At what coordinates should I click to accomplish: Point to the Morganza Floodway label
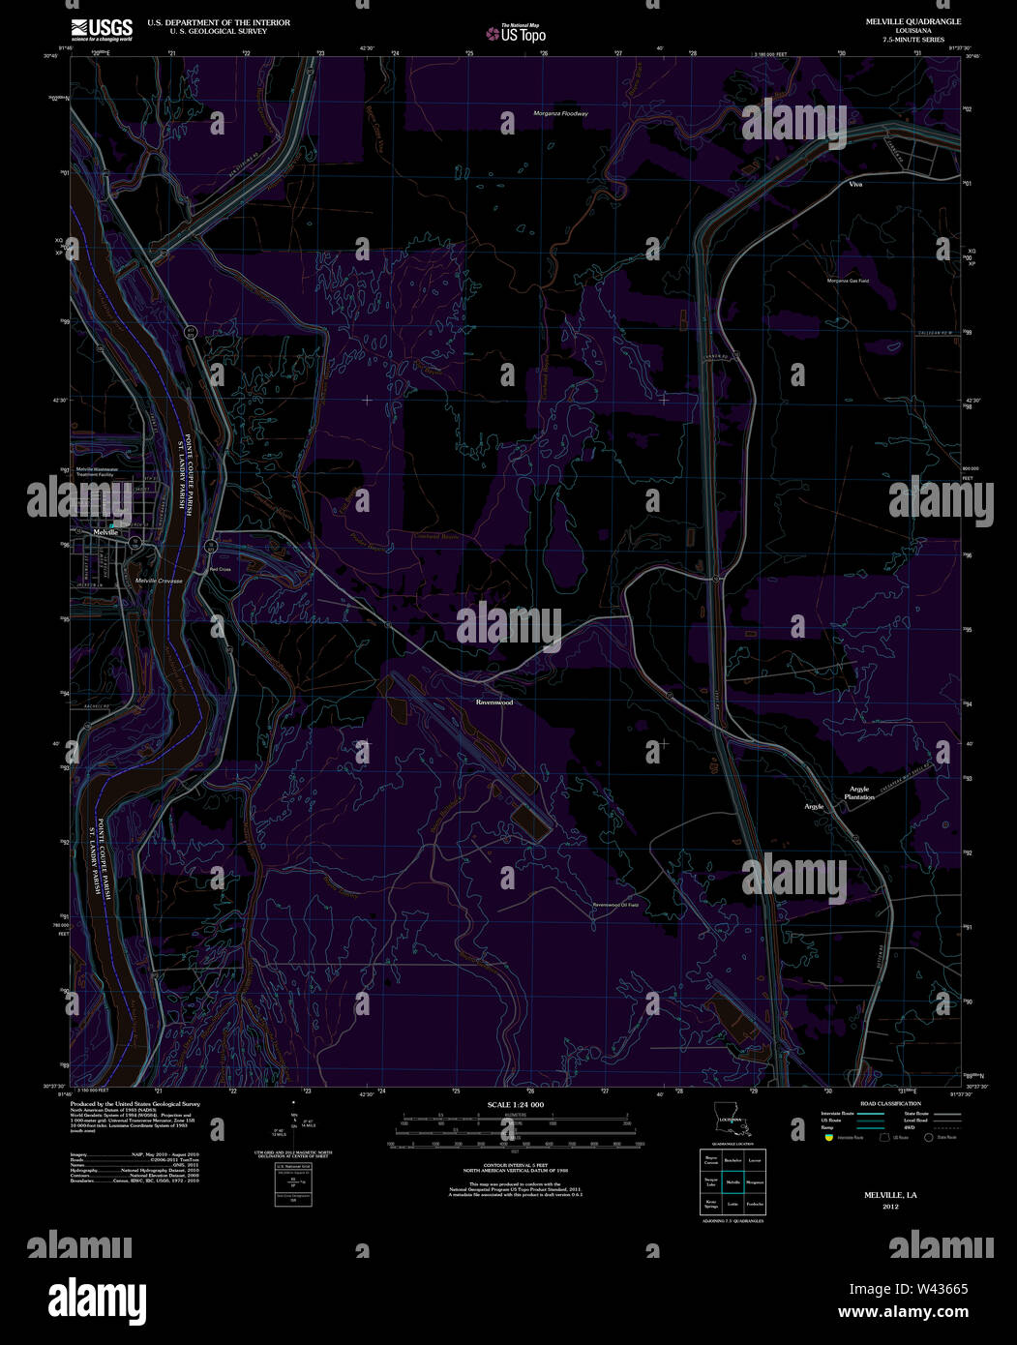[x=560, y=113]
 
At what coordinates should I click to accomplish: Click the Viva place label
[x=854, y=183]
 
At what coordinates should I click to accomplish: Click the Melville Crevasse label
[x=159, y=580]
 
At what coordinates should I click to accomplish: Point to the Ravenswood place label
[x=494, y=702]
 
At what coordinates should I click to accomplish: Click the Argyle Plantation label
[x=859, y=792]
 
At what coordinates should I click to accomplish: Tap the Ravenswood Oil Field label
[x=616, y=905]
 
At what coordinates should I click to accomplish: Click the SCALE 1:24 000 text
[x=516, y=1104]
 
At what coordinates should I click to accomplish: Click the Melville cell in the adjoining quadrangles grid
[x=733, y=1182]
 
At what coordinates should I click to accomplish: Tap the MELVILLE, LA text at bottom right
[x=890, y=1195]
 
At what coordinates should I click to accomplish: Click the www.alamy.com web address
[x=902, y=1313]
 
